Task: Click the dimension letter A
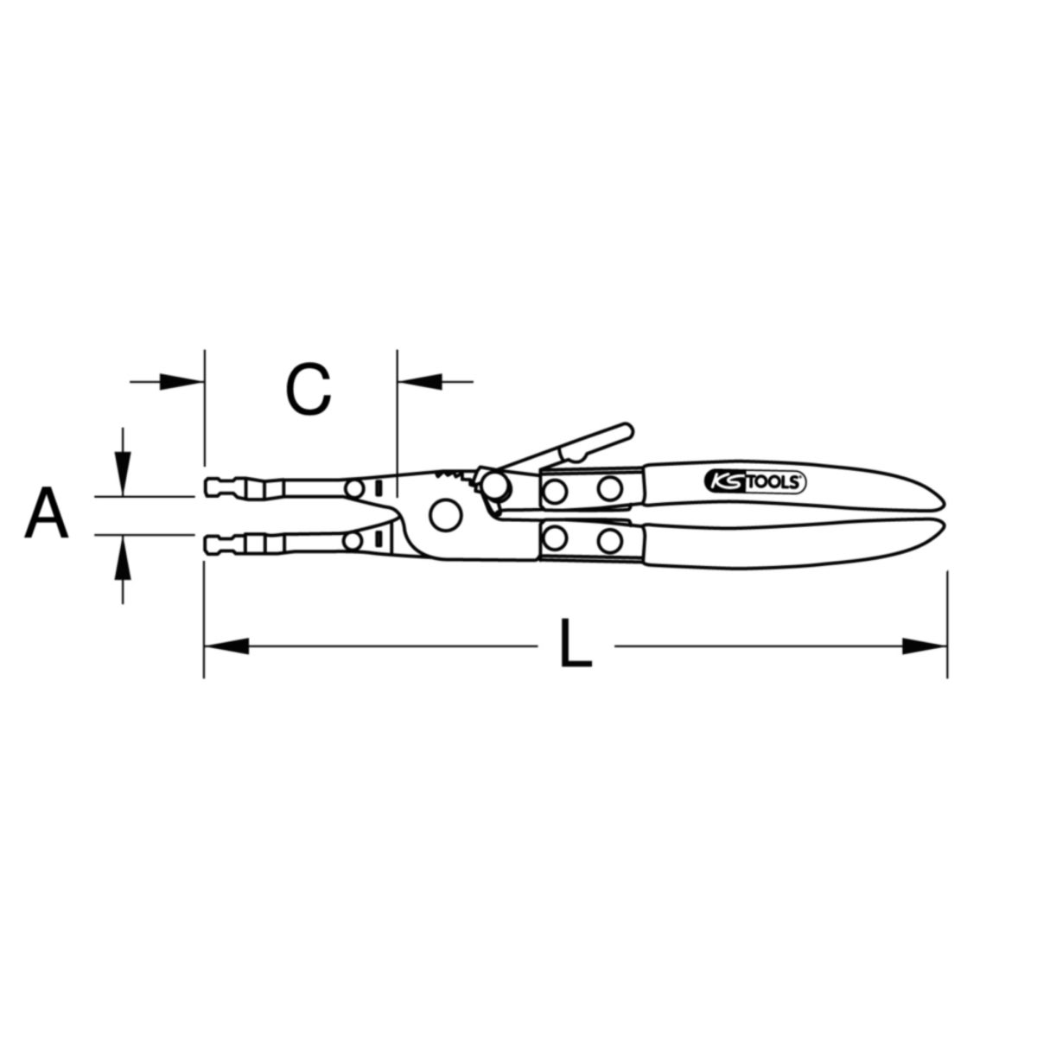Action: point(47,512)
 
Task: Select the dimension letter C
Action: point(308,389)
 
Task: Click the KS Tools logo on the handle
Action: point(755,481)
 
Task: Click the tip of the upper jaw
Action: point(207,487)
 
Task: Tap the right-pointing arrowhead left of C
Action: point(182,382)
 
